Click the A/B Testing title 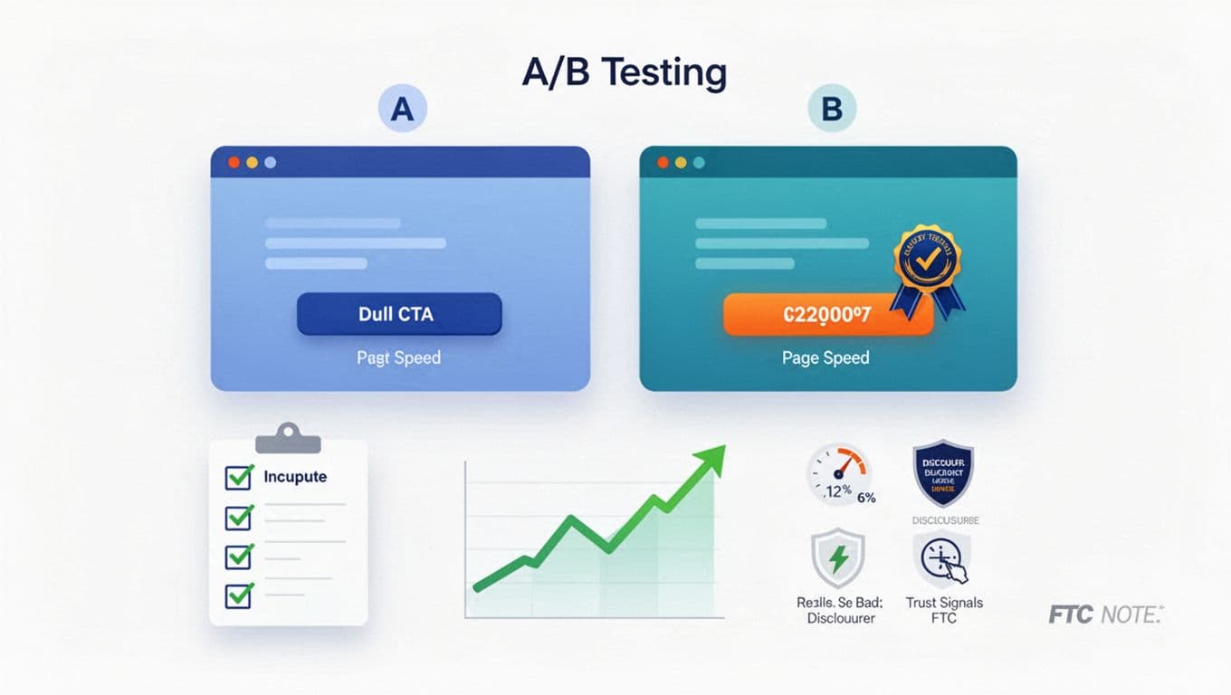click(624, 72)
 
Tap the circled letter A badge click(401, 110)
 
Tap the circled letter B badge click(831, 110)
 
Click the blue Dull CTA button click(399, 314)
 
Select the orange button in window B click(827, 315)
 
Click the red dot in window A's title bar click(234, 163)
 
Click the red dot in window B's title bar click(663, 163)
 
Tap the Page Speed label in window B click(825, 357)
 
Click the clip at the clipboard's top click(288, 438)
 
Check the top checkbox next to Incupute click(239, 477)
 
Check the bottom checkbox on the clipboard click(239, 595)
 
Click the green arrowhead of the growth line click(712, 453)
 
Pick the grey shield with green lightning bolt click(837, 559)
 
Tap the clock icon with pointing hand click(943, 560)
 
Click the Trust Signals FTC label click(943, 610)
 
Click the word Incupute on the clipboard click(295, 477)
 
